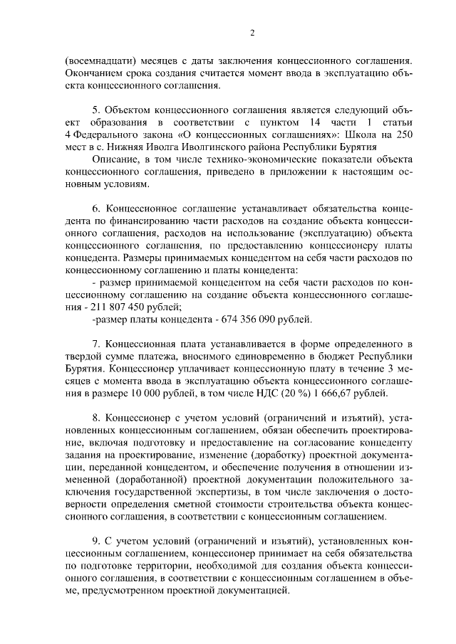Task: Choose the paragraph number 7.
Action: [x=95, y=344]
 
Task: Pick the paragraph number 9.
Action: [x=95, y=539]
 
